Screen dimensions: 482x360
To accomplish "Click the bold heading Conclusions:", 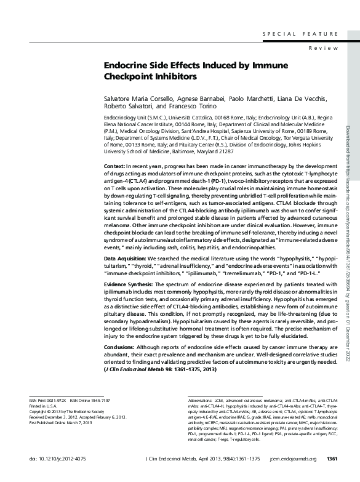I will (x=120, y=347).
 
